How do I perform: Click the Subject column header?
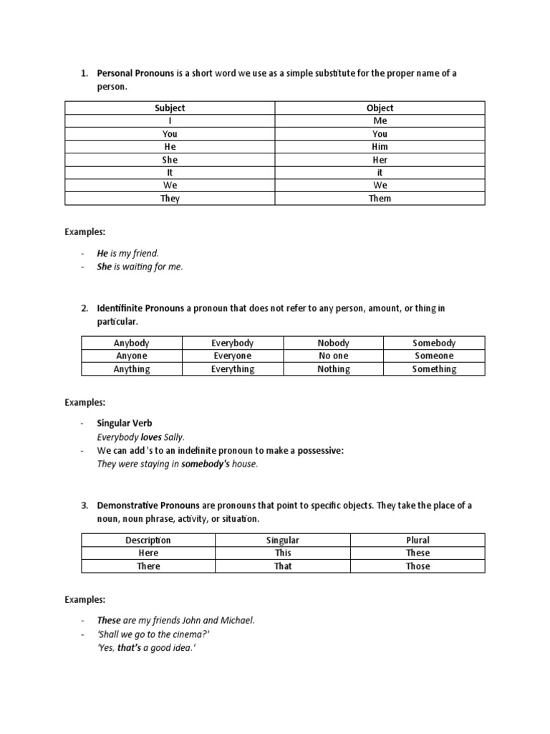click(170, 108)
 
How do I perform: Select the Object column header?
click(380, 108)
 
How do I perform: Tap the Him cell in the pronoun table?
click(380, 146)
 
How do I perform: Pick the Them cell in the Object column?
click(380, 199)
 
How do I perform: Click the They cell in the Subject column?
click(170, 199)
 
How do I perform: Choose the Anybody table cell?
click(132, 343)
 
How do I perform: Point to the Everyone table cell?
click(232, 356)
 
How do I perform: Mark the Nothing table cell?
click(334, 369)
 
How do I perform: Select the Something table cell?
click(434, 369)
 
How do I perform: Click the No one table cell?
click(334, 356)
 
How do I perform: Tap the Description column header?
click(148, 540)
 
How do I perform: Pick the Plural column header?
click(418, 540)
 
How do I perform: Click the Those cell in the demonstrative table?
click(418, 566)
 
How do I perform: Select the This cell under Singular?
click(283, 553)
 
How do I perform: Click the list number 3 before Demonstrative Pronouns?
click(84, 505)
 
